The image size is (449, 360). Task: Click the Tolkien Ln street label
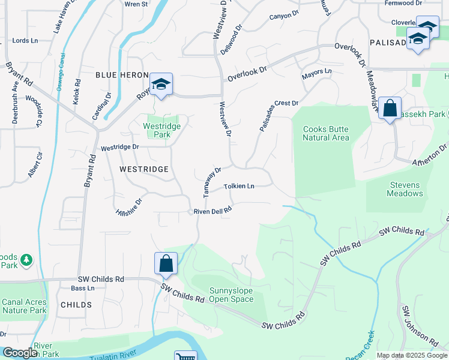point(239,187)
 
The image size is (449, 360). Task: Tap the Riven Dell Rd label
point(212,211)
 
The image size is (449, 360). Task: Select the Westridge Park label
point(157,130)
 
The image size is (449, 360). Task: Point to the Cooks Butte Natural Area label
point(325,133)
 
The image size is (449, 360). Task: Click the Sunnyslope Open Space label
point(231,295)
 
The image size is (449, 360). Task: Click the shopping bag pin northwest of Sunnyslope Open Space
point(166,264)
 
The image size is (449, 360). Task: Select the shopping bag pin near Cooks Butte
point(390,109)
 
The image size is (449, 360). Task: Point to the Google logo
point(20,353)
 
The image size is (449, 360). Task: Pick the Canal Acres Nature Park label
point(24,306)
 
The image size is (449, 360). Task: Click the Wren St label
point(136,4)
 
